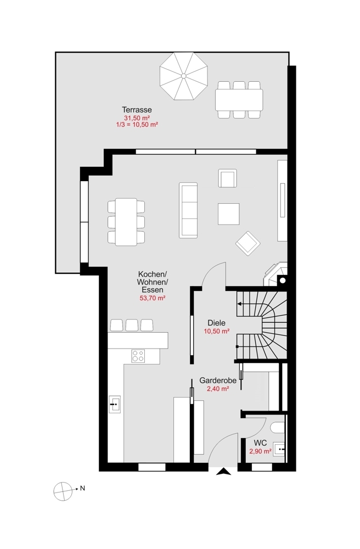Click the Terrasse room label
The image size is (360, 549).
tap(137, 110)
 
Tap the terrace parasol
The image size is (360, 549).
tap(183, 76)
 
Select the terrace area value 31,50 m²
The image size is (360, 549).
tap(137, 118)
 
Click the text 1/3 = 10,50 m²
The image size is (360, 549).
tap(137, 124)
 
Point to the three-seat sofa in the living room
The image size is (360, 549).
tap(188, 210)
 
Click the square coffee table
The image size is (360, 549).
tap(229, 214)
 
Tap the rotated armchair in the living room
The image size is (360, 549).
tap(248, 243)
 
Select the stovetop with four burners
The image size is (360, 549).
tap(138, 356)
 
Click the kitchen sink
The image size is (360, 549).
tap(115, 405)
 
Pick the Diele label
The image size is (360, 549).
tap(217, 323)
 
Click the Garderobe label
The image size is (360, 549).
tap(218, 380)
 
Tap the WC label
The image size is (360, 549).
tap(260, 443)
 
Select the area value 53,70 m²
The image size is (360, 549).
tap(152, 298)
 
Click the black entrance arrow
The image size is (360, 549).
tap(224, 472)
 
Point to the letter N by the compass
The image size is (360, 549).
tap(82, 488)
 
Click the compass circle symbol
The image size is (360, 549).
tap(63, 491)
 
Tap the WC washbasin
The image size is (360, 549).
tap(280, 449)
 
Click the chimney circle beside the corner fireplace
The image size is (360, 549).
tap(283, 281)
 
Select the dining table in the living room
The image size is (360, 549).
tap(126, 222)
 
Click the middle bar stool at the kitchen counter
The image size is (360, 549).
tap(132, 325)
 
